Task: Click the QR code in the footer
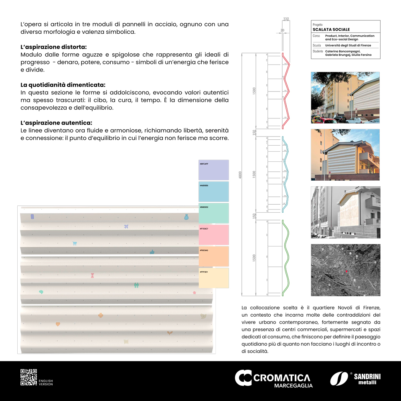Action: (28, 377)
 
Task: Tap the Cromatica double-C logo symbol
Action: (243, 378)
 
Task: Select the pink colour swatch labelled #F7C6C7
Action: (214, 235)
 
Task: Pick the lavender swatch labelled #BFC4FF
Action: (214, 170)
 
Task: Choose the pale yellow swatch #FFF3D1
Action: (214, 278)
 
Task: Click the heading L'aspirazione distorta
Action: (53, 47)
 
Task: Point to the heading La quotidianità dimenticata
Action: (63, 85)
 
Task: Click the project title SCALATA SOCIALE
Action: (331, 29)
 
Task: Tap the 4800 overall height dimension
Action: (240, 175)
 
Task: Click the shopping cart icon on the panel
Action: (75, 243)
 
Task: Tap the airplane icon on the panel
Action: (126, 226)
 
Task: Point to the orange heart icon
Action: (58, 324)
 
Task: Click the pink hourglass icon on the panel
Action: (93, 275)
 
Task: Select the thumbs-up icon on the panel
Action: (152, 252)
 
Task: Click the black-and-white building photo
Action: (345, 212)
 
